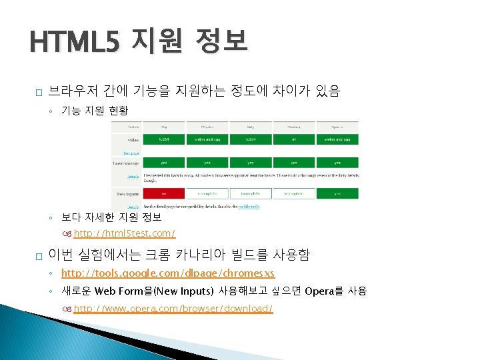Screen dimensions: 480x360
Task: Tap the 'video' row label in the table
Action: (x=132, y=139)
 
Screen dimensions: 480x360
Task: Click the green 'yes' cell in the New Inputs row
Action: (x=339, y=193)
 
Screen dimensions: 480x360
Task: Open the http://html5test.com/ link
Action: (x=124, y=233)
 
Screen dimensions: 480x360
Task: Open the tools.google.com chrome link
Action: (x=167, y=273)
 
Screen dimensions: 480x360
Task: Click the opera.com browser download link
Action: (x=173, y=309)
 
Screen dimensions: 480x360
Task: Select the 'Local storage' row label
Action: (x=126, y=162)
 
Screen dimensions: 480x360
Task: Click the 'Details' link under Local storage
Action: (x=134, y=176)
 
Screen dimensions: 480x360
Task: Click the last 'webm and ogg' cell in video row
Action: (x=339, y=139)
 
